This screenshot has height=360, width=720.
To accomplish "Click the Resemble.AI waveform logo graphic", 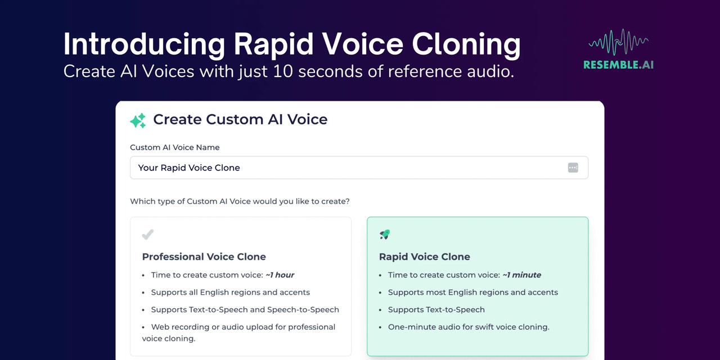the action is click(618, 42).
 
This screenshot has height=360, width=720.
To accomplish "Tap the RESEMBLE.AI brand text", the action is click(618, 65).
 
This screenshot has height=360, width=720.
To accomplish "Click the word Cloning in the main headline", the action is click(466, 44).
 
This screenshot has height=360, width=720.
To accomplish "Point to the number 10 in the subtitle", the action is click(283, 71).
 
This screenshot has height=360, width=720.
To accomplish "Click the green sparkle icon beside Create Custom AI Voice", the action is click(138, 120).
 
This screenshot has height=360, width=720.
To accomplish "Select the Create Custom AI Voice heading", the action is click(240, 119).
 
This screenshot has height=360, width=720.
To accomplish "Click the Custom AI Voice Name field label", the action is click(174, 147).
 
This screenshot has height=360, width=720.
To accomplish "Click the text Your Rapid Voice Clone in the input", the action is click(189, 168).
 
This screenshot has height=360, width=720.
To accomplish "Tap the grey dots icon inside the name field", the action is click(573, 168).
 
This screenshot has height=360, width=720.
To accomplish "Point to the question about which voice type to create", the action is click(240, 201).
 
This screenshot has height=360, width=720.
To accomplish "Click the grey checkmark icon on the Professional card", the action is click(148, 235).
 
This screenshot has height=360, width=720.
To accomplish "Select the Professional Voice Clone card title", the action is click(204, 256).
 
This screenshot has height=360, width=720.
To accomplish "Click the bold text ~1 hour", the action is click(280, 275).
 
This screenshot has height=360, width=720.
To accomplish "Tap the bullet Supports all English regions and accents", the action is click(230, 292).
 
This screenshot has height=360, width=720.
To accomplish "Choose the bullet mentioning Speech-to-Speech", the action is click(245, 309).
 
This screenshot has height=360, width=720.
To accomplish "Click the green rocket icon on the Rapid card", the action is click(385, 235).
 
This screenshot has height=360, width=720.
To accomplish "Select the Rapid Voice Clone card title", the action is click(424, 256).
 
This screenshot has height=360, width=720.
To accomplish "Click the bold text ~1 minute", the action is click(521, 275).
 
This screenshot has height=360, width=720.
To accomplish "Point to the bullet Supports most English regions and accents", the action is click(473, 292).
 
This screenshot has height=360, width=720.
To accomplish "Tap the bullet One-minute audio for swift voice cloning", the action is click(469, 327).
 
